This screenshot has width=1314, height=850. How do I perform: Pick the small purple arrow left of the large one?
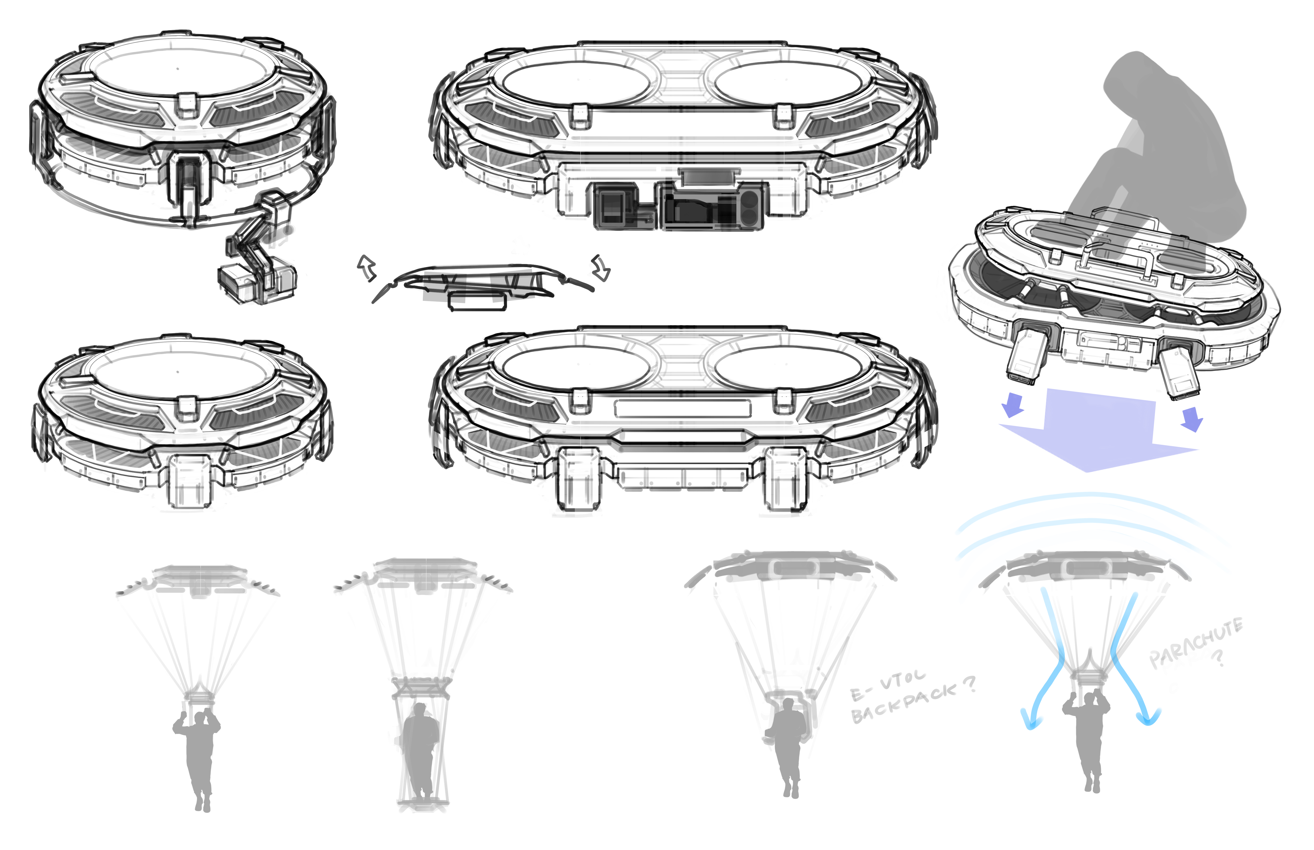pyautogui.click(x=1013, y=405)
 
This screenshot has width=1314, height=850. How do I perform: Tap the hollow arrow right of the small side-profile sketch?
pyautogui.click(x=601, y=268)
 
